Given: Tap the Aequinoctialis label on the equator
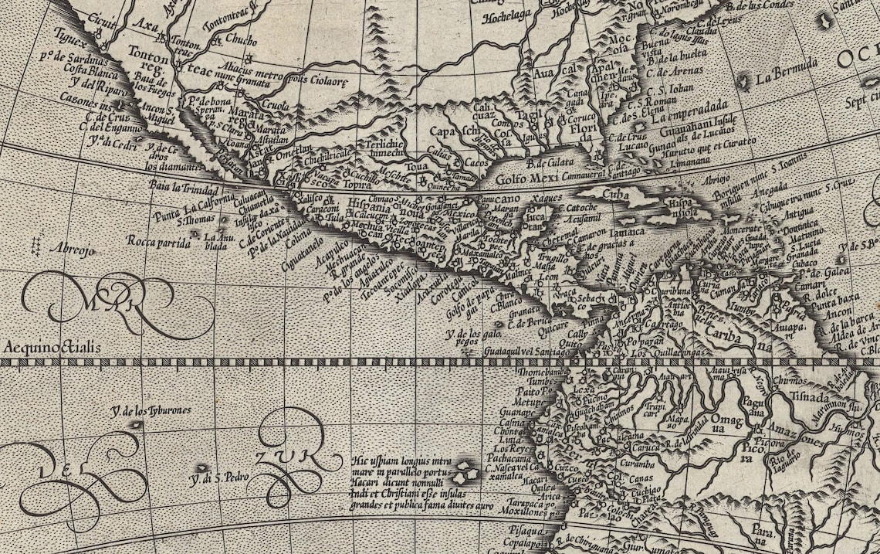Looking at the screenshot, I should [52, 348].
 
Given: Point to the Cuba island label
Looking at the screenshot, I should [615, 194].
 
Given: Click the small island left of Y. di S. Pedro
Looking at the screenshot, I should [203, 467].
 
